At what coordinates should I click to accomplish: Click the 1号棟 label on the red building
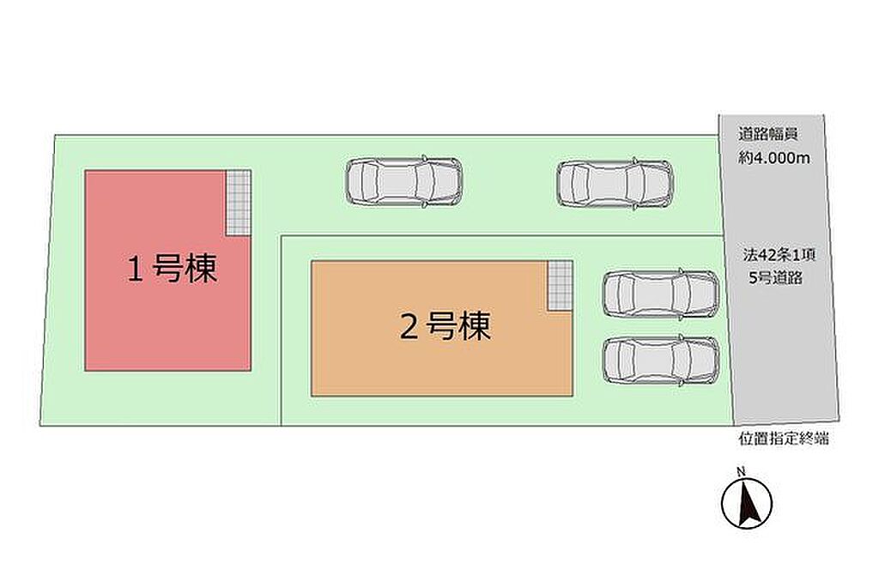pyautogui.click(x=172, y=269)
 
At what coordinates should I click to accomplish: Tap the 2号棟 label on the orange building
pyautogui.click(x=446, y=326)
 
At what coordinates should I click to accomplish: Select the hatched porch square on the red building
pyautogui.click(x=239, y=203)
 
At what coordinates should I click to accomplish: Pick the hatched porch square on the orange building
pyautogui.click(x=560, y=285)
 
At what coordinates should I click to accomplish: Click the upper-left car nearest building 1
pyautogui.click(x=404, y=181)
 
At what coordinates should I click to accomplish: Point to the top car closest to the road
pyautogui.click(x=615, y=184)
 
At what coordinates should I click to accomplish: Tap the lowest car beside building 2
pyautogui.click(x=660, y=361)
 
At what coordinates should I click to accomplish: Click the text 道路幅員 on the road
pyautogui.click(x=767, y=134)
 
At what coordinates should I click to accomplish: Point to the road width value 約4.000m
pyautogui.click(x=774, y=159)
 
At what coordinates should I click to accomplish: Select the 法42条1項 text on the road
pyautogui.click(x=779, y=255)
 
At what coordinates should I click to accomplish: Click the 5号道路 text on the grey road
pyautogui.click(x=775, y=277)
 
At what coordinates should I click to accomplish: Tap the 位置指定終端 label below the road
pyautogui.click(x=783, y=439)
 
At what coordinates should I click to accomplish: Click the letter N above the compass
pyautogui.click(x=741, y=471)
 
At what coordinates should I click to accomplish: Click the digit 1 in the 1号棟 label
pyautogui.click(x=135, y=270)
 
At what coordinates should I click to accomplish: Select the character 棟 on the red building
pyautogui.click(x=202, y=269)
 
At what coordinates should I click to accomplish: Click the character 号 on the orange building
pyautogui.click(x=442, y=326)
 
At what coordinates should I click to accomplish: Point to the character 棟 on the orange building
pyautogui.click(x=476, y=326)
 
